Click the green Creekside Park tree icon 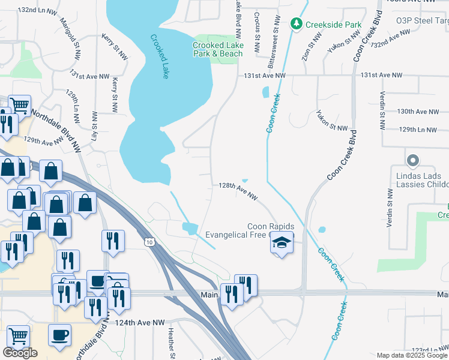click(x=296, y=24)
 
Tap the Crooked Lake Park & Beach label click(x=218, y=49)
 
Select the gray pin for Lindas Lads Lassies click(x=412, y=161)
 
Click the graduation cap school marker click(x=282, y=243)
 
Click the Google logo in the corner click(x=20, y=353)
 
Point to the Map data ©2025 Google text click(x=412, y=355)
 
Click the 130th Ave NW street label click(x=418, y=112)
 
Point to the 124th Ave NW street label click(x=139, y=323)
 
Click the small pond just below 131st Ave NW click(x=265, y=92)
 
